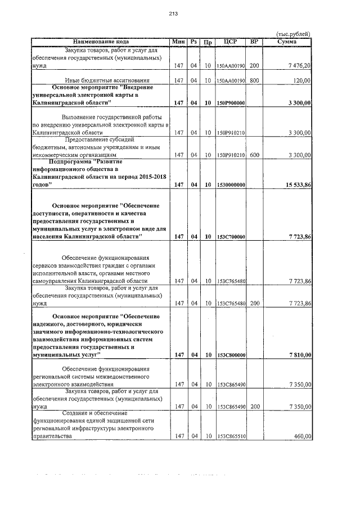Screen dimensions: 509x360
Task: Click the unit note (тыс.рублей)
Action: pyautogui.click(x=295, y=34)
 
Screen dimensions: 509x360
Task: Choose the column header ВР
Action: pyautogui.click(x=254, y=42)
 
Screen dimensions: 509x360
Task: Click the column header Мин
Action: pyautogui.click(x=179, y=42)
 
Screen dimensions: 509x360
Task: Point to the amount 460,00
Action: pyautogui.click(x=302, y=436)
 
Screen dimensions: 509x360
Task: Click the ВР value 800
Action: pyautogui.click(x=254, y=80)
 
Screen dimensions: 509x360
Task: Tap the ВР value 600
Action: pyautogui.click(x=254, y=155)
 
